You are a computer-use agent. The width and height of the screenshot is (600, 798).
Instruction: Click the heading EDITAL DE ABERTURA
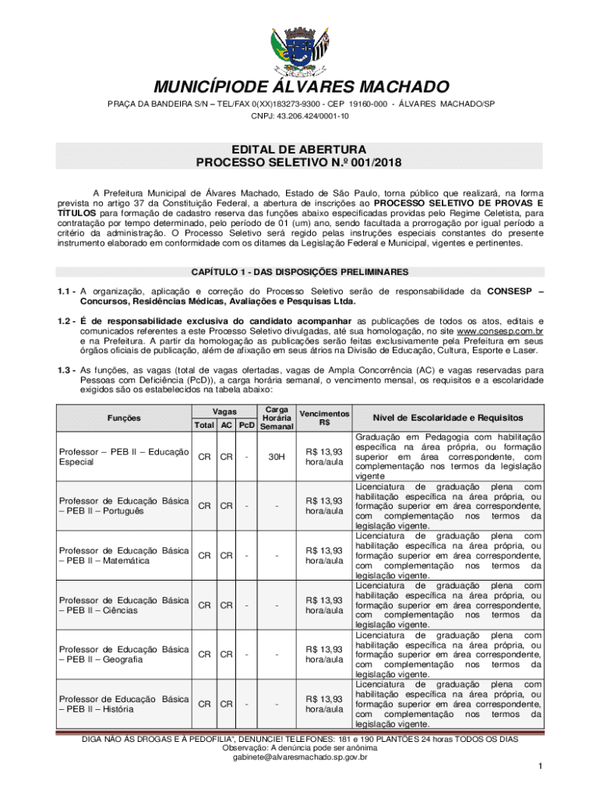coord(299,148)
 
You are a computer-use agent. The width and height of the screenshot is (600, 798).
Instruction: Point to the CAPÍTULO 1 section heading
coord(299,272)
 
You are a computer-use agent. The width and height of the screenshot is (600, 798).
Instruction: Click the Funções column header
coord(125,418)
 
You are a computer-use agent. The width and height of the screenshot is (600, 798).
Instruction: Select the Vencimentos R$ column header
coord(324,418)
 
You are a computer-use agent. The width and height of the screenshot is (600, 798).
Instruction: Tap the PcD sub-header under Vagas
coord(247,425)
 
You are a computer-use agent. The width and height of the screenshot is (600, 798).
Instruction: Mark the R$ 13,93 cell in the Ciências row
coord(324,605)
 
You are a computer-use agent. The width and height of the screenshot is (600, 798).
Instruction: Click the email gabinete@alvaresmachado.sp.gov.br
coord(300,757)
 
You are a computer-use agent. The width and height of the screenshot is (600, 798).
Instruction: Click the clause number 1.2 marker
coord(66,320)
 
